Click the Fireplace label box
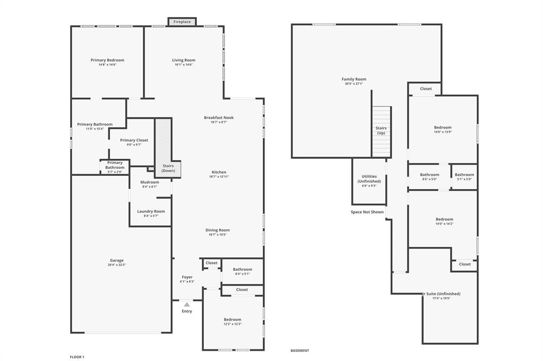[x=182, y=22]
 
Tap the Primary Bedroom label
[x=107, y=60]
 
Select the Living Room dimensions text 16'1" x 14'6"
[x=184, y=65]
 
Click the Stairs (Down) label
[x=168, y=168]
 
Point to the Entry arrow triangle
[x=187, y=304]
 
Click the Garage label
[x=117, y=260]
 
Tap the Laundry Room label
[x=151, y=211]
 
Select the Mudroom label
[x=150, y=182]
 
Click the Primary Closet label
[x=134, y=140]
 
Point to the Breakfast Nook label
[x=219, y=117]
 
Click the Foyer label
[x=187, y=277]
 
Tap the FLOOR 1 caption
[x=77, y=357]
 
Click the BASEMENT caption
[x=300, y=350]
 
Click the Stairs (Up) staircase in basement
[x=381, y=131]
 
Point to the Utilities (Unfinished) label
[x=369, y=179]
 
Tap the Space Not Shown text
[x=367, y=212]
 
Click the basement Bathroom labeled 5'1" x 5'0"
[x=464, y=175]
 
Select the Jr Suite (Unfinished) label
[x=442, y=294]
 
